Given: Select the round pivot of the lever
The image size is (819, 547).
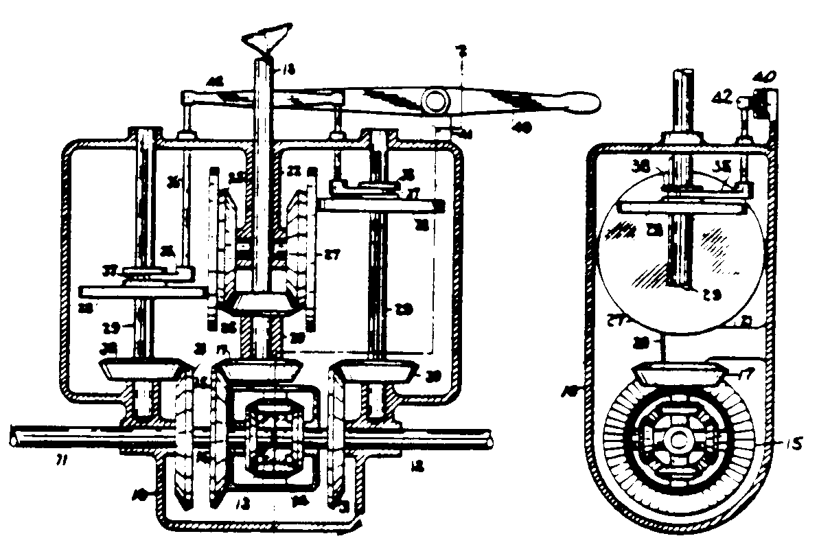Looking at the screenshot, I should click(x=436, y=103).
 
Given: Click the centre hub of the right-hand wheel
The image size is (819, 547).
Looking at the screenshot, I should click(x=679, y=439).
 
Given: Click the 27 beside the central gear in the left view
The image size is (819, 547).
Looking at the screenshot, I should click(x=334, y=256).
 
